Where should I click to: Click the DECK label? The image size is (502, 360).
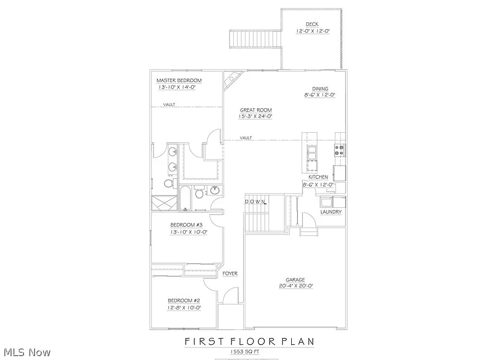[312, 24]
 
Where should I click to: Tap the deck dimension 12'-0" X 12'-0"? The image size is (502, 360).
[312, 31]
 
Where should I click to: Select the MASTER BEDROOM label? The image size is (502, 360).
[179, 80]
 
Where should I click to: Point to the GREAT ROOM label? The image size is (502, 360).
[255, 110]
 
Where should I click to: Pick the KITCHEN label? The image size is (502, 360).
[318, 177]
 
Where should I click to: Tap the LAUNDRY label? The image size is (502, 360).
[331, 212]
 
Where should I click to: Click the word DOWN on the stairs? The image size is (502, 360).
[255, 201]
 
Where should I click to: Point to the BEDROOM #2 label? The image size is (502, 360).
[184, 301]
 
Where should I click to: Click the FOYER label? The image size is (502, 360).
[230, 273]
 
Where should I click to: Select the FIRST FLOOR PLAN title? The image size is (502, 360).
[250, 341]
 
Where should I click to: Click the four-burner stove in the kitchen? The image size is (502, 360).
[340, 150]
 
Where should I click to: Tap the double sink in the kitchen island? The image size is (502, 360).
[312, 153]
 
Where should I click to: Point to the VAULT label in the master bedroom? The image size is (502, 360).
[170, 104]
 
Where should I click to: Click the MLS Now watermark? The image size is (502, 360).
[26, 352]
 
